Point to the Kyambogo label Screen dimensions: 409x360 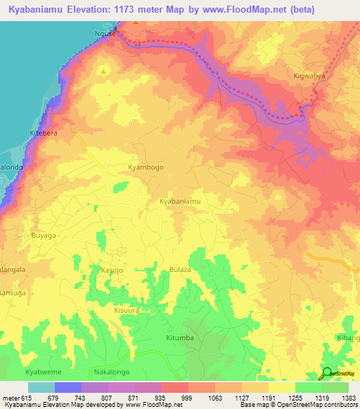(x=146, y=168)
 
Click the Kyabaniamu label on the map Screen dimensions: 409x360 (x=180, y=202)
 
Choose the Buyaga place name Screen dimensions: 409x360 (x=43, y=236)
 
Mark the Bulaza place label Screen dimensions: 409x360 (x=180, y=270)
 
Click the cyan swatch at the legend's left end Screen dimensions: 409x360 (x=41, y=387)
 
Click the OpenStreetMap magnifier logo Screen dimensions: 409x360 (x=327, y=372)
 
